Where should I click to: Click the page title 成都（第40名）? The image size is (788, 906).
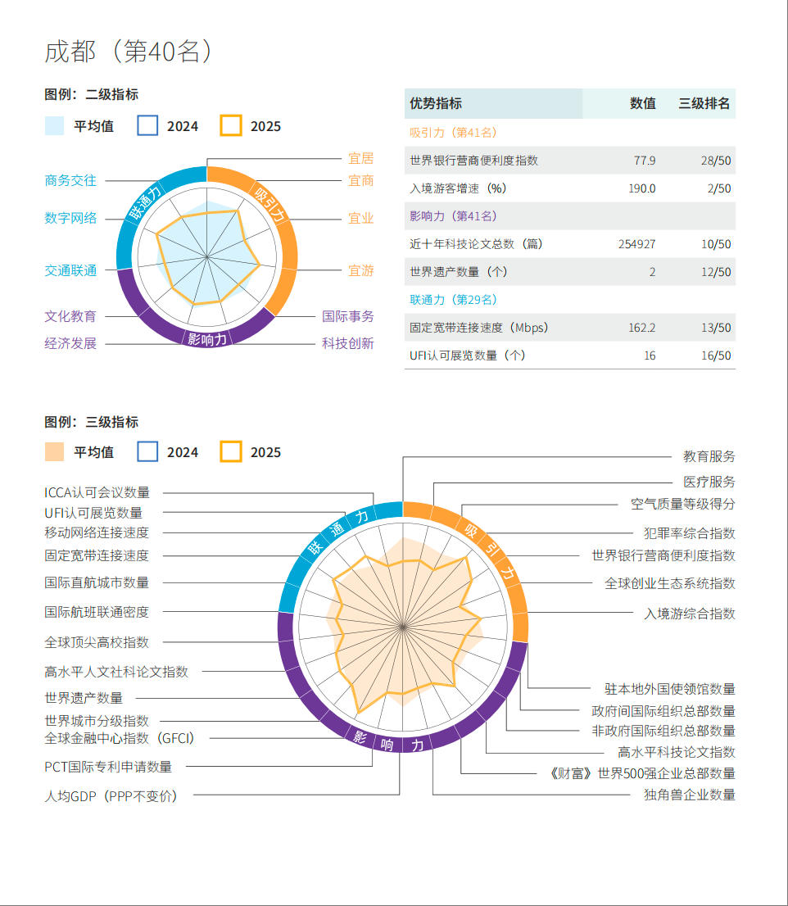click(x=129, y=52)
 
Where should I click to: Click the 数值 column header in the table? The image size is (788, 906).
click(x=642, y=104)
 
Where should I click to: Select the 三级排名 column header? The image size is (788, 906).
click(x=704, y=104)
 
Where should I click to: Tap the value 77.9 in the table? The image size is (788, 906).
click(x=645, y=161)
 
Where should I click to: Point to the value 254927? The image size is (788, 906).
click(x=636, y=244)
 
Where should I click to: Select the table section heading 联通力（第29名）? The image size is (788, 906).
click(x=453, y=300)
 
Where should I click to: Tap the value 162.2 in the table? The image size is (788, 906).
click(x=641, y=328)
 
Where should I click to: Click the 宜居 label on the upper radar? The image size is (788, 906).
click(x=360, y=158)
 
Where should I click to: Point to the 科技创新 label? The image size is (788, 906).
click(x=347, y=343)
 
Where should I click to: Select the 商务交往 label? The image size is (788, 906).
click(x=70, y=180)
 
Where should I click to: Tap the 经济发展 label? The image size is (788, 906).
click(x=70, y=343)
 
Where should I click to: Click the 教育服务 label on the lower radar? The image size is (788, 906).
click(x=709, y=456)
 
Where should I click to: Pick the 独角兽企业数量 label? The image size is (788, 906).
click(x=689, y=795)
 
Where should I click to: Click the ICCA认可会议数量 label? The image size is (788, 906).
click(x=97, y=492)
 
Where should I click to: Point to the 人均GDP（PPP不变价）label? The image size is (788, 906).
click(x=111, y=795)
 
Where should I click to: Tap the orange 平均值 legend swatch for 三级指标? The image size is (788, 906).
click(x=54, y=452)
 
